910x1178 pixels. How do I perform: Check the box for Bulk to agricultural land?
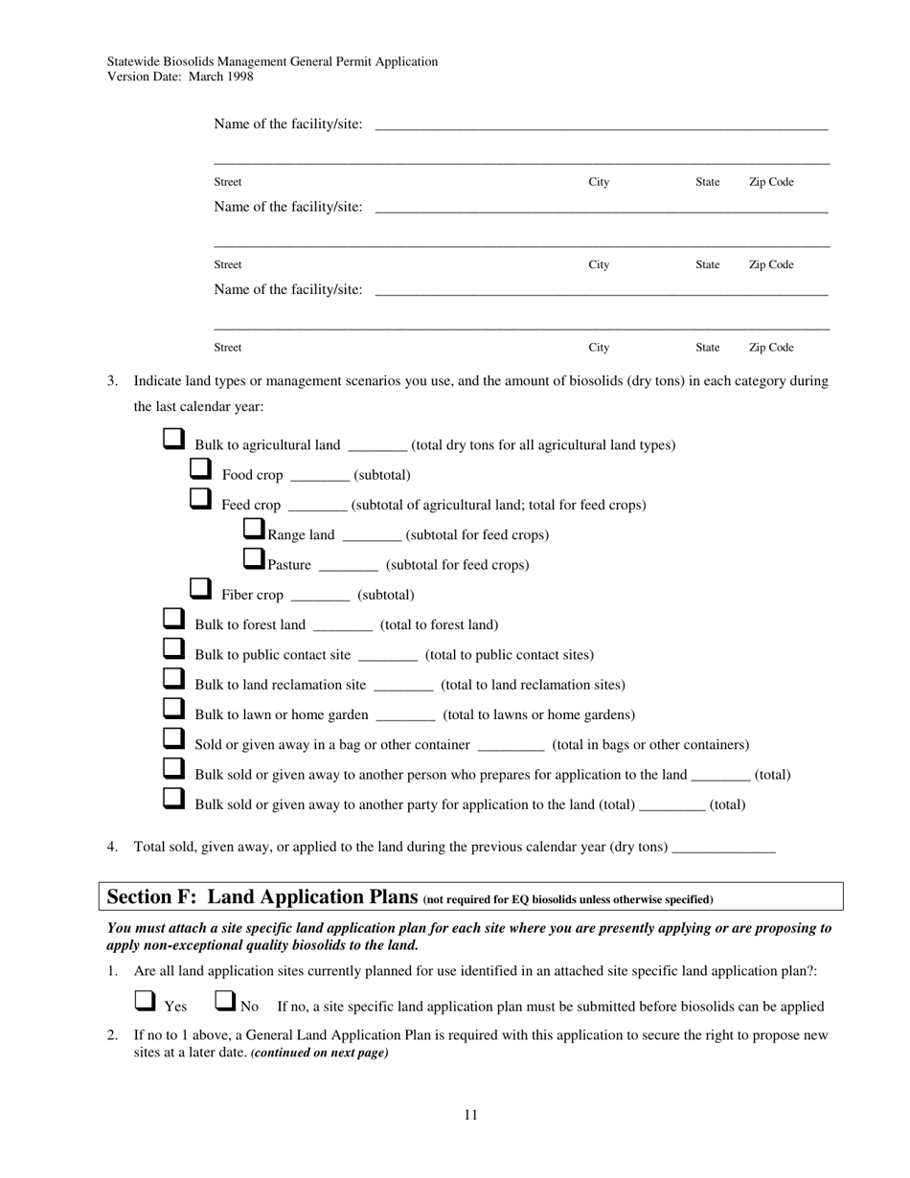click(172, 440)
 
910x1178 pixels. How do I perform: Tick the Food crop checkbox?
click(199, 469)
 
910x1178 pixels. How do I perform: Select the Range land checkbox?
click(254, 529)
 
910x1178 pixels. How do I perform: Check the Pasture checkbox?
click(254, 558)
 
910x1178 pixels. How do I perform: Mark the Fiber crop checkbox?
click(199, 589)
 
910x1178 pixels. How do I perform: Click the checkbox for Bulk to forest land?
click(172, 619)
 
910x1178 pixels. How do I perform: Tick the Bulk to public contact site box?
click(172, 649)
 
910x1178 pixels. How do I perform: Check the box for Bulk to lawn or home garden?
click(172, 709)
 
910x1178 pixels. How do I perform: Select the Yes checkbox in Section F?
click(145, 1001)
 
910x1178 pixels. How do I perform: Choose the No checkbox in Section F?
click(224, 1001)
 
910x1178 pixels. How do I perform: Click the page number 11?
click(470, 1115)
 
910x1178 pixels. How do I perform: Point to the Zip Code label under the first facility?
click(770, 182)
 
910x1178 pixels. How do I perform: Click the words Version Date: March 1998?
click(180, 77)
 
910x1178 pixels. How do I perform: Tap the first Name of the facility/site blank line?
click(601, 125)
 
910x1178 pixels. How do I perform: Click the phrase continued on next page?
click(319, 1053)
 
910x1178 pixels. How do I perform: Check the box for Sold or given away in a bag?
click(172, 738)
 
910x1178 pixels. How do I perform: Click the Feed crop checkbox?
click(199, 499)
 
